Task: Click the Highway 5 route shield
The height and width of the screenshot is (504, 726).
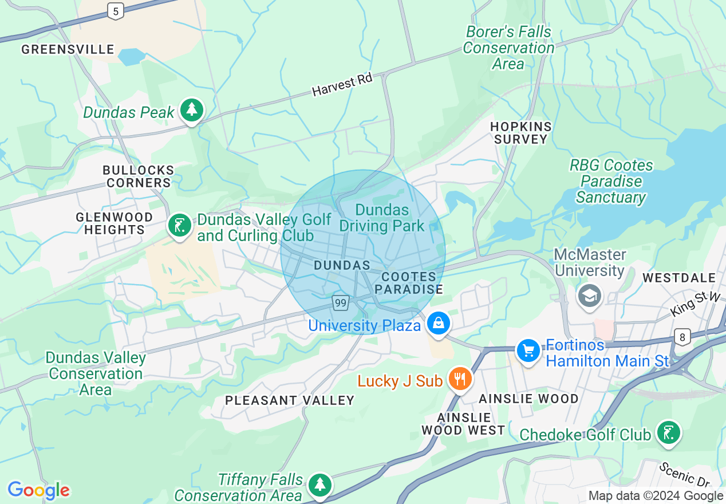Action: [x=116, y=11]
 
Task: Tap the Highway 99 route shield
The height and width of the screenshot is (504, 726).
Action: [x=341, y=302]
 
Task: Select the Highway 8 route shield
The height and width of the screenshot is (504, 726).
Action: [x=682, y=337]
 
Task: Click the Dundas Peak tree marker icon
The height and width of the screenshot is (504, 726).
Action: [x=191, y=110]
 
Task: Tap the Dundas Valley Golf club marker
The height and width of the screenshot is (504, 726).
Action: [x=179, y=226]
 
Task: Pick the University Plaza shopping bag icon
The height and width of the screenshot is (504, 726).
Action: [x=439, y=323]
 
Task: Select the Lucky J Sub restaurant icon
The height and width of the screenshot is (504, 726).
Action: [x=459, y=379]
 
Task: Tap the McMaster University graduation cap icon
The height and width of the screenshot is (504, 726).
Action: [x=589, y=296]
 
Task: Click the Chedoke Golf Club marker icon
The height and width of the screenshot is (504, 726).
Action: [x=668, y=433]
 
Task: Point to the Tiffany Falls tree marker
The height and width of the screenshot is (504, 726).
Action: [x=319, y=485]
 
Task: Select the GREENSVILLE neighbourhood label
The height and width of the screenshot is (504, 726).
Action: [x=68, y=50]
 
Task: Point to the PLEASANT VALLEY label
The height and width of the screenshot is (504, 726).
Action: [x=290, y=400]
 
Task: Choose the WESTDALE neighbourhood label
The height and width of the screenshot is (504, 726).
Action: [x=679, y=278]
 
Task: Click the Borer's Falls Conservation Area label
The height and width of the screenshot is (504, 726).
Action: [x=508, y=48]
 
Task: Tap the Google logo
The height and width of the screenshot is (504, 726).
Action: [x=38, y=490]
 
